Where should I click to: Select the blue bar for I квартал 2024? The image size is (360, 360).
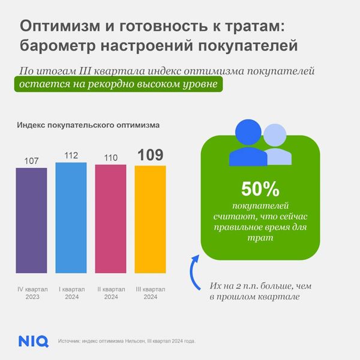pos(71,218)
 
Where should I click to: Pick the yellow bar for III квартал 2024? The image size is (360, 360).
pos(150,220)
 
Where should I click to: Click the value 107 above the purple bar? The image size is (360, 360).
pos(31,161)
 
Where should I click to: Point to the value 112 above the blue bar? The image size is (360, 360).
pos(71,156)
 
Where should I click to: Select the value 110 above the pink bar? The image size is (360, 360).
pos(110,158)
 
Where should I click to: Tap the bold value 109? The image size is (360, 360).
pos(150,155)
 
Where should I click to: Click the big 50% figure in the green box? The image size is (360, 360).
pos(260,190)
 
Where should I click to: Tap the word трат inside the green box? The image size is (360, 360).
pos(260,238)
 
